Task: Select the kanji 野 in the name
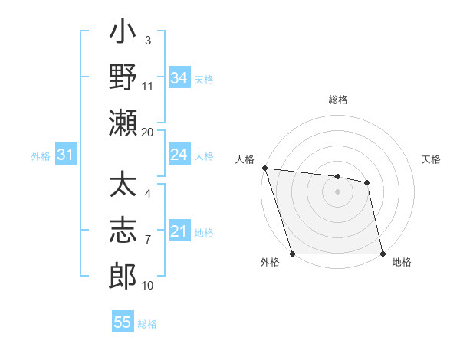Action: pyautogui.click(x=123, y=78)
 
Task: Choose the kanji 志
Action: pyautogui.click(x=123, y=231)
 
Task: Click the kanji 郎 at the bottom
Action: pyautogui.click(x=123, y=274)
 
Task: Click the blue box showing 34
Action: pyautogui.click(x=179, y=78)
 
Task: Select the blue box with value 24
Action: pyautogui.click(x=179, y=155)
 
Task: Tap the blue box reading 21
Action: pyautogui.click(x=179, y=231)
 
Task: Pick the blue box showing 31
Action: pyautogui.click(x=66, y=155)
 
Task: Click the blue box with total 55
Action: pyautogui.click(x=123, y=322)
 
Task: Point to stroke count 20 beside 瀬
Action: pyautogui.click(x=148, y=132)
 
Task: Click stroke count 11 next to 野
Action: pyautogui.click(x=148, y=87)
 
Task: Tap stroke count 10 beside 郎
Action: pyautogui.click(x=148, y=286)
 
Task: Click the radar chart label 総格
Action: pyautogui.click(x=337, y=100)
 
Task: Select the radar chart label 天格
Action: pyautogui.click(x=431, y=159)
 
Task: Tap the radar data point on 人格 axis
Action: pyautogui.click(x=264, y=168)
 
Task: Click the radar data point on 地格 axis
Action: pyautogui.click(x=382, y=253)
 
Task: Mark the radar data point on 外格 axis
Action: pyautogui.click(x=293, y=253)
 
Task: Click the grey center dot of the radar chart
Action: pyautogui.click(x=337, y=191)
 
